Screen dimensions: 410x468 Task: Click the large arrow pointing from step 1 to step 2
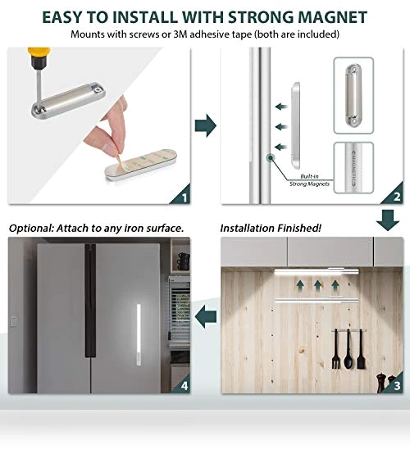coord(206,125)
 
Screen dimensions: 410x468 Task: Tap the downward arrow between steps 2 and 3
coord(388,220)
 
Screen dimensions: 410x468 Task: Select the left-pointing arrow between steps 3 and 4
coord(206,316)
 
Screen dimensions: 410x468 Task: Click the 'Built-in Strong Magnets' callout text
coord(309,180)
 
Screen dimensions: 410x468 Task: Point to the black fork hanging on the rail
coord(335,348)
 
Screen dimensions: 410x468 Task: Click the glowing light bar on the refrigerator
coord(139,334)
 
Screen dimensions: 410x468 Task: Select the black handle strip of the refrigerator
coord(90,300)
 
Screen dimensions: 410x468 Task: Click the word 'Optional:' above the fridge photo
coord(31,229)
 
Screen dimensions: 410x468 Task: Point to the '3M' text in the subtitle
coord(180,34)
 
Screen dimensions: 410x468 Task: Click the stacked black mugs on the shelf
coord(184,261)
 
